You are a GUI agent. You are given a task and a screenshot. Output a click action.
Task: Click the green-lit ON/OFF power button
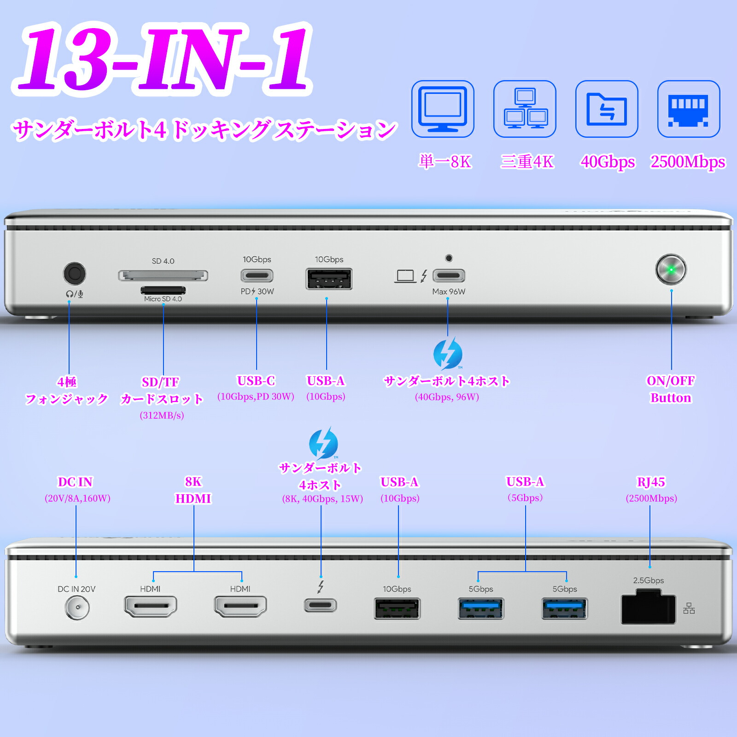click(x=671, y=269)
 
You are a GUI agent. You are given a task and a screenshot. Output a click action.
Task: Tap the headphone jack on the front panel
click(x=74, y=274)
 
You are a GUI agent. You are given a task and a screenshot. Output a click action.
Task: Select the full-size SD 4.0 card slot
click(x=163, y=275)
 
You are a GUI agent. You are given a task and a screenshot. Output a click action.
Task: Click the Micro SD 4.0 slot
click(x=163, y=290)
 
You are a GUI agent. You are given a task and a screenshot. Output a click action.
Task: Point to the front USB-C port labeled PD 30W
click(x=257, y=276)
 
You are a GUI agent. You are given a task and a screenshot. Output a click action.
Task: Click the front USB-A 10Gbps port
click(x=329, y=279)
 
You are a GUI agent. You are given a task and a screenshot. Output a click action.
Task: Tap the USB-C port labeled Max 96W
click(x=449, y=276)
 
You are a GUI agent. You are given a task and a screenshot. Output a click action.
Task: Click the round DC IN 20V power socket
click(x=77, y=608)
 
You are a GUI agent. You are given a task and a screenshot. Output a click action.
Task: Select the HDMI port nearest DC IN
click(x=151, y=606)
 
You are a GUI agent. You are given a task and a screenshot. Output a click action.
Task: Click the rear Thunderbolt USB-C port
click(x=321, y=605)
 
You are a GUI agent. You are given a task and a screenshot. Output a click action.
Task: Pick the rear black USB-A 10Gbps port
click(x=397, y=608)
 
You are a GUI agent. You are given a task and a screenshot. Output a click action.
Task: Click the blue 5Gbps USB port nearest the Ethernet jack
click(x=565, y=608)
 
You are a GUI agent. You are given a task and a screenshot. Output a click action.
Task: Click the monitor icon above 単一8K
click(x=443, y=109)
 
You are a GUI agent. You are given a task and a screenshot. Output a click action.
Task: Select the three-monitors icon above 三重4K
click(x=525, y=109)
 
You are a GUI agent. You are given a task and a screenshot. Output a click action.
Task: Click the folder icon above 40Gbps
click(x=607, y=109)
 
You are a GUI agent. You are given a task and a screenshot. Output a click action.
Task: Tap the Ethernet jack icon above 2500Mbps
click(x=689, y=109)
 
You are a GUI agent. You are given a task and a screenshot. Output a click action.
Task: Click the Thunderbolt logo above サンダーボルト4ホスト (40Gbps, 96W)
click(x=447, y=353)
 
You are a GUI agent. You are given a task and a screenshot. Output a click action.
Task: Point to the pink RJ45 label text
click(x=651, y=482)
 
